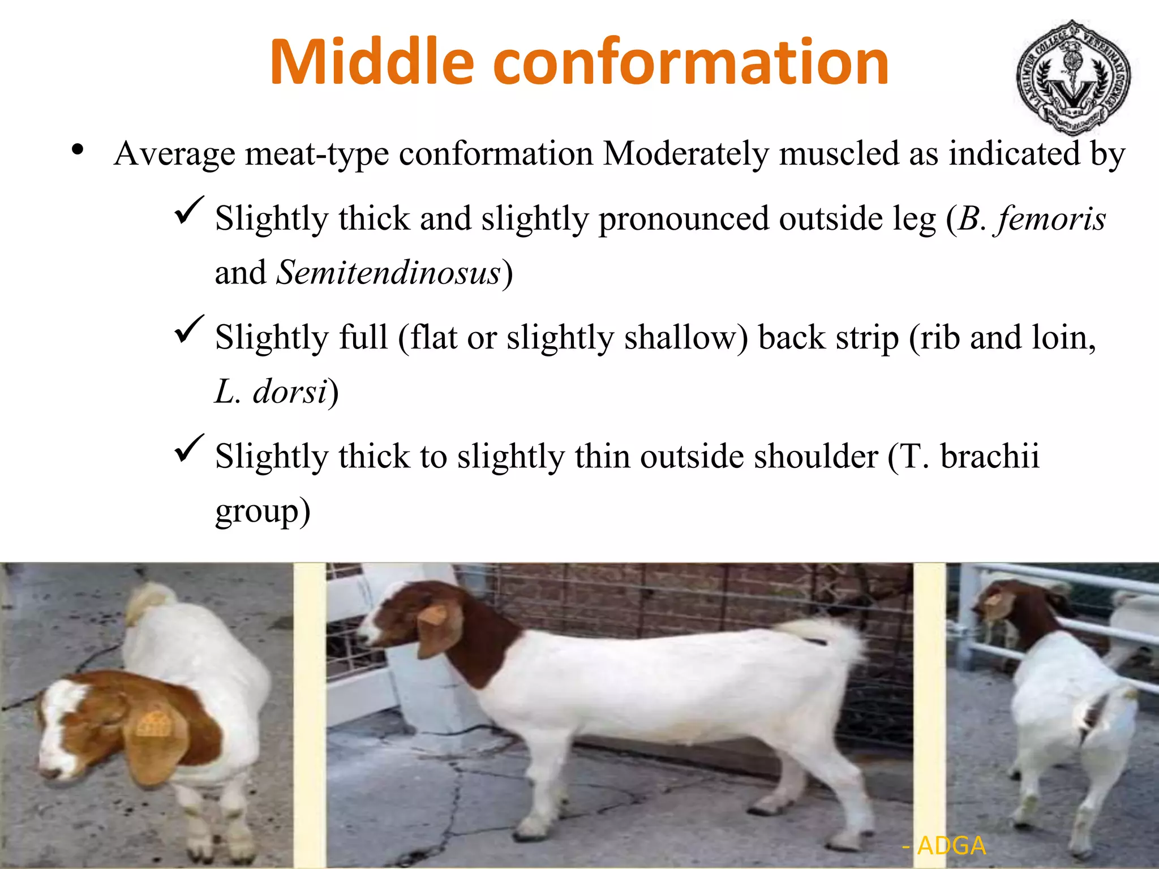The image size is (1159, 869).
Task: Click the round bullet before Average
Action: (x=78, y=150)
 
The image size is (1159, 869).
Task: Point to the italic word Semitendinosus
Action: (x=388, y=273)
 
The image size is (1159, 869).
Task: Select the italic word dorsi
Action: (x=290, y=392)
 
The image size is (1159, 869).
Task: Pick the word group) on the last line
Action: (x=263, y=511)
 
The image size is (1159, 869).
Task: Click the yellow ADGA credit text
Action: (x=951, y=846)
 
